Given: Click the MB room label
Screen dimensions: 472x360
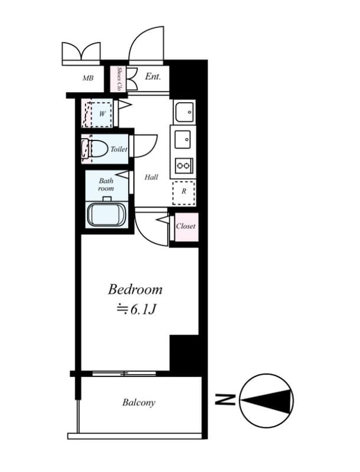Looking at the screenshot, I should click(x=88, y=78).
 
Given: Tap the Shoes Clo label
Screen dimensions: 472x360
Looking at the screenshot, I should click(x=119, y=78).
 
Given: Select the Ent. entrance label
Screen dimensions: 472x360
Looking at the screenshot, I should click(x=153, y=77).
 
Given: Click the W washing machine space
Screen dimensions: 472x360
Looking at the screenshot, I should click(x=102, y=113).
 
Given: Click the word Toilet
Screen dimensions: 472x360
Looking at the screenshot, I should click(x=119, y=150).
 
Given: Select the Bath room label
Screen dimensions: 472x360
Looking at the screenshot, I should click(x=106, y=184).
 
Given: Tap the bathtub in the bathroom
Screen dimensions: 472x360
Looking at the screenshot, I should click(x=107, y=214).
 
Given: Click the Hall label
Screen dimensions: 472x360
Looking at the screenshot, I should click(x=151, y=177).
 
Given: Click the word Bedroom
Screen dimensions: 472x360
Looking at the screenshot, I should click(x=135, y=290).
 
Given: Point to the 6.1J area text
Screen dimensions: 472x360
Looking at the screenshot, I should click(x=135, y=309).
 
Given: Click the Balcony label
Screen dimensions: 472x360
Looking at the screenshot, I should click(x=139, y=403).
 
